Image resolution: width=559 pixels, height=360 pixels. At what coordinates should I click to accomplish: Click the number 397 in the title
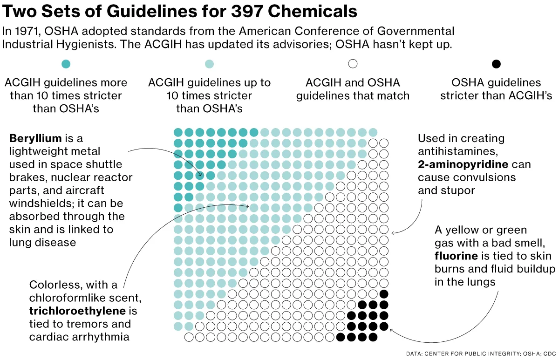[266, 11]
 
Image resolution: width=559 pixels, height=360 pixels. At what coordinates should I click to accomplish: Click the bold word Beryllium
[35, 138]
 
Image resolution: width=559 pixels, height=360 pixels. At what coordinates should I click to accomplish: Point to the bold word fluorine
[456, 256]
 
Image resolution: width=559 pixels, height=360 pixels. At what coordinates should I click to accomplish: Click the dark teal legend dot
[66, 64]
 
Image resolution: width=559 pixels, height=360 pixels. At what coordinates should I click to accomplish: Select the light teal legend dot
[209, 64]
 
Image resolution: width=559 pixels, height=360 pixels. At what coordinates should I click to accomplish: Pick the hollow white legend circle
[353, 64]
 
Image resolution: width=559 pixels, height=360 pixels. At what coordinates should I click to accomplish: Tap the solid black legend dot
[496, 64]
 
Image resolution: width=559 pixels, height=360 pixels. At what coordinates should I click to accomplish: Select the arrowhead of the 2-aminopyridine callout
[393, 232]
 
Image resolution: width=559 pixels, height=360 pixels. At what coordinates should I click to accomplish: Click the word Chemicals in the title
[321, 11]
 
